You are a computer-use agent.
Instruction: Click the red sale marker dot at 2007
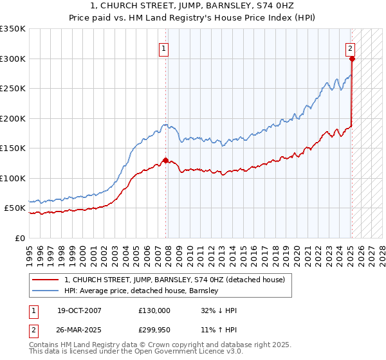point(165,161)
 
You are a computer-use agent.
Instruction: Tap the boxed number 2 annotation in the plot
point(350,48)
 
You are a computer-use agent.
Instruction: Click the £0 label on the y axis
point(19,238)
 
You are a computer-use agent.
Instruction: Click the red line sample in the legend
point(46,280)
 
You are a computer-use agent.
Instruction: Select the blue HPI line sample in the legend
point(46,291)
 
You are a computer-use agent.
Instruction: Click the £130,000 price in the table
point(154,310)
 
